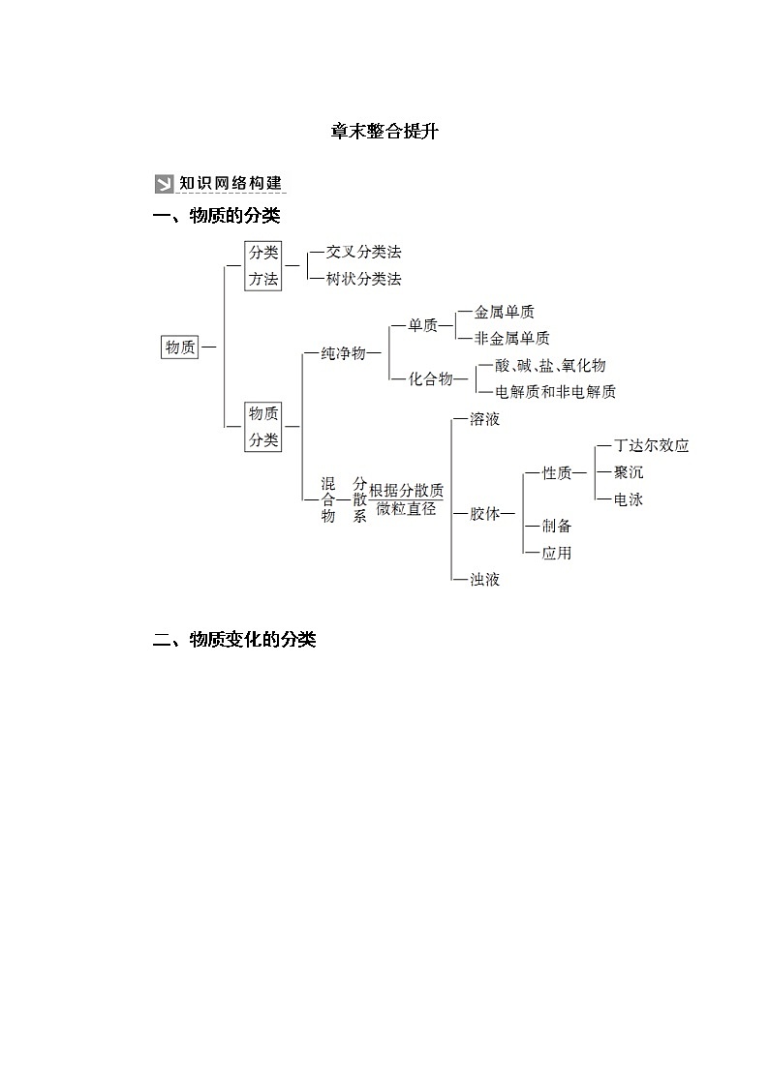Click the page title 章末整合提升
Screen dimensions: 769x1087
(x=384, y=132)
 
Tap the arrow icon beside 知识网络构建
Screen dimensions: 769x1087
(x=164, y=184)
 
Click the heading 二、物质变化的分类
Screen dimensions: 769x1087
(x=235, y=640)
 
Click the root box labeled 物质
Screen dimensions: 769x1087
(x=179, y=347)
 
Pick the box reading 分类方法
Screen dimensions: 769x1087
(x=262, y=265)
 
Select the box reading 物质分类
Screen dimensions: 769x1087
(x=262, y=426)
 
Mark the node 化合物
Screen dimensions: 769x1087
(x=431, y=378)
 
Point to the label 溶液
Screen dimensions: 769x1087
(x=484, y=420)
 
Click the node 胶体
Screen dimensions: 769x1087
(x=485, y=514)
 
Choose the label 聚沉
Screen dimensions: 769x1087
(x=628, y=472)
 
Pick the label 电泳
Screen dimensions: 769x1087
(x=628, y=499)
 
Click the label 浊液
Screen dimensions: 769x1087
(x=484, y=579)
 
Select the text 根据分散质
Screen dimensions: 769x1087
(x=406, y=490)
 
